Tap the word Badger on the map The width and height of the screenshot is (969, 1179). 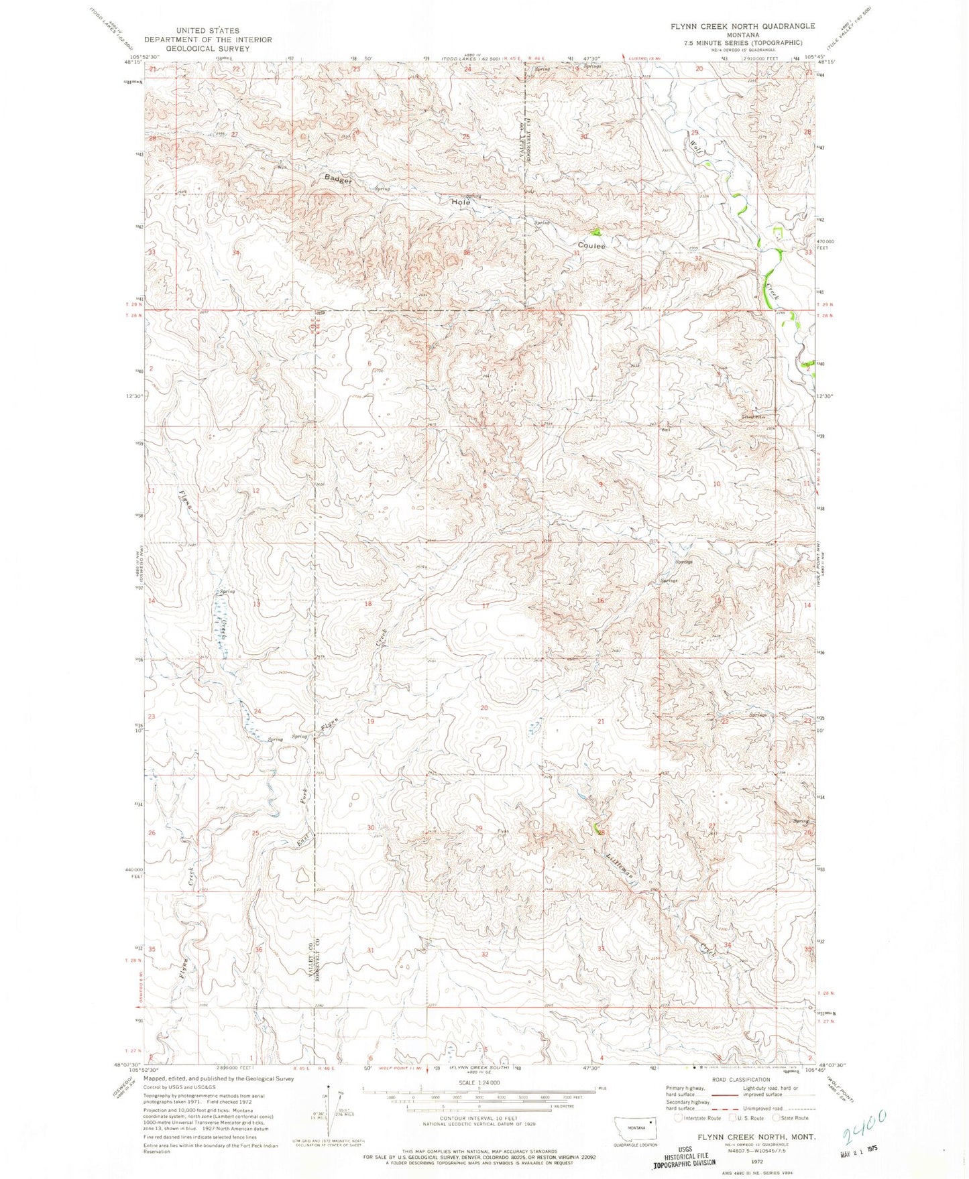[337, 180]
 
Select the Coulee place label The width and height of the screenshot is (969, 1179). [591, 246]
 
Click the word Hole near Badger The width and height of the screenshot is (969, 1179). [461, 202]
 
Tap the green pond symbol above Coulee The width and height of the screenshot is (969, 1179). [595, 233]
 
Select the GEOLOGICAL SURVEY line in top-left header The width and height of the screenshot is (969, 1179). [209, 49]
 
